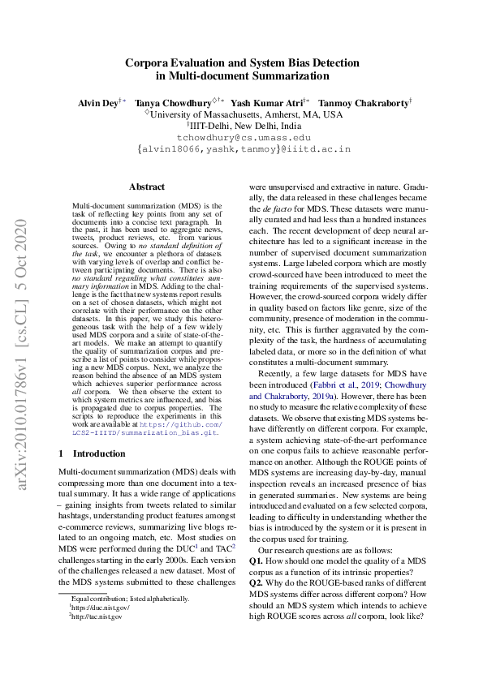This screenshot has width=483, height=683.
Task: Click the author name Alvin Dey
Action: coord(97,104)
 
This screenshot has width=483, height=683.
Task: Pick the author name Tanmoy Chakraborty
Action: coord(364,104)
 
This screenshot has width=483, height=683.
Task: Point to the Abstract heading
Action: coord(147,187)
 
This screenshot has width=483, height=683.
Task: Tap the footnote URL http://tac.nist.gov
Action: coord(97,616)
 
